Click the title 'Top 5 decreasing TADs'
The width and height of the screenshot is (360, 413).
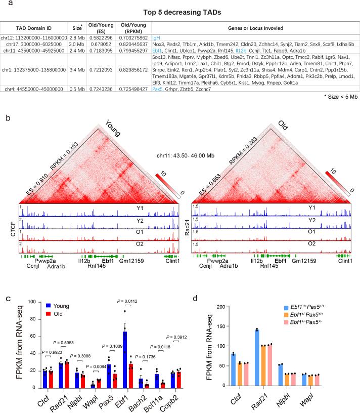point(179,11)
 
